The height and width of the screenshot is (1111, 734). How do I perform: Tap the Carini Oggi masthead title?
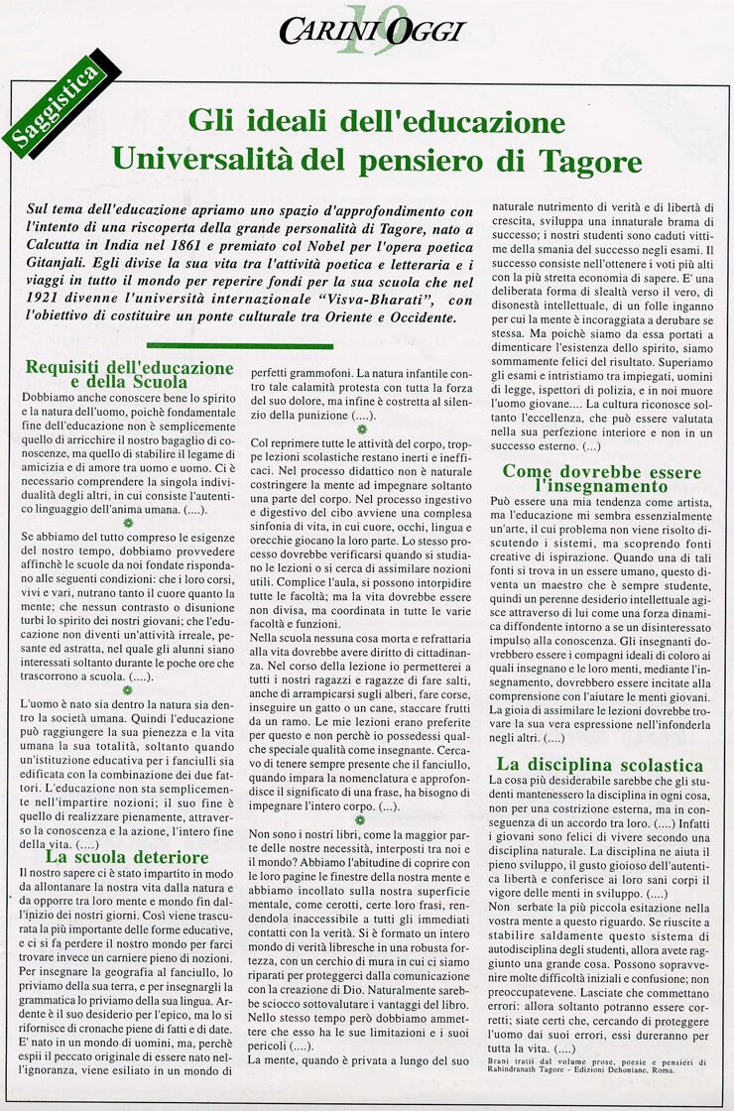[371, 31]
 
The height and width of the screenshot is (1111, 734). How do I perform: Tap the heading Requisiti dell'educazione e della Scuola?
[129, 374]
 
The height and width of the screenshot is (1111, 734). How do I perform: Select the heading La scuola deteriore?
[128, 856]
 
